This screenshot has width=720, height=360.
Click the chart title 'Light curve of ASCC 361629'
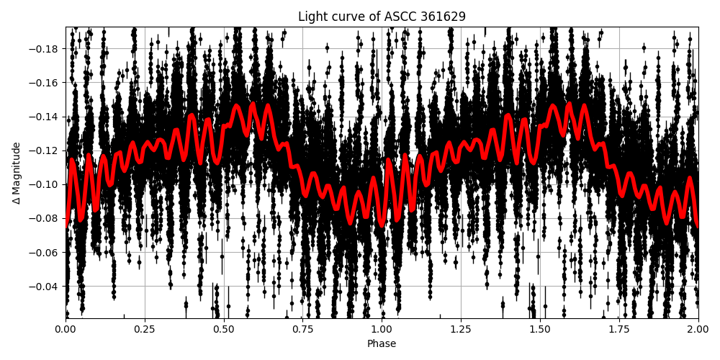point(382,17)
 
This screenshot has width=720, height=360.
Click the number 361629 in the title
point(442,17)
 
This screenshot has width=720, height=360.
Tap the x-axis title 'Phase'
point(382,344)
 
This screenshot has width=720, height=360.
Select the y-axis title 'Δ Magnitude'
point(16,173)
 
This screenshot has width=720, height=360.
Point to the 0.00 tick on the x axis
point(66,329)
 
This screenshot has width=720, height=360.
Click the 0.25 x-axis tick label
point(145,329)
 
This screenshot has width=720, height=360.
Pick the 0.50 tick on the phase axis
point(224,329)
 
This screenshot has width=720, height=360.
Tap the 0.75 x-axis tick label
point(303,329)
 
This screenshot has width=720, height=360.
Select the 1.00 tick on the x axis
point(382,329)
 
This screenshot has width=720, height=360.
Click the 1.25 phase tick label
point(461,329)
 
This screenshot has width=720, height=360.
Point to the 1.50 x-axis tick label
point(540,329)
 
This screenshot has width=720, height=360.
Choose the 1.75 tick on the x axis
point(619,329)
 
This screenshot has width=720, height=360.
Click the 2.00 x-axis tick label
point(698,329)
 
